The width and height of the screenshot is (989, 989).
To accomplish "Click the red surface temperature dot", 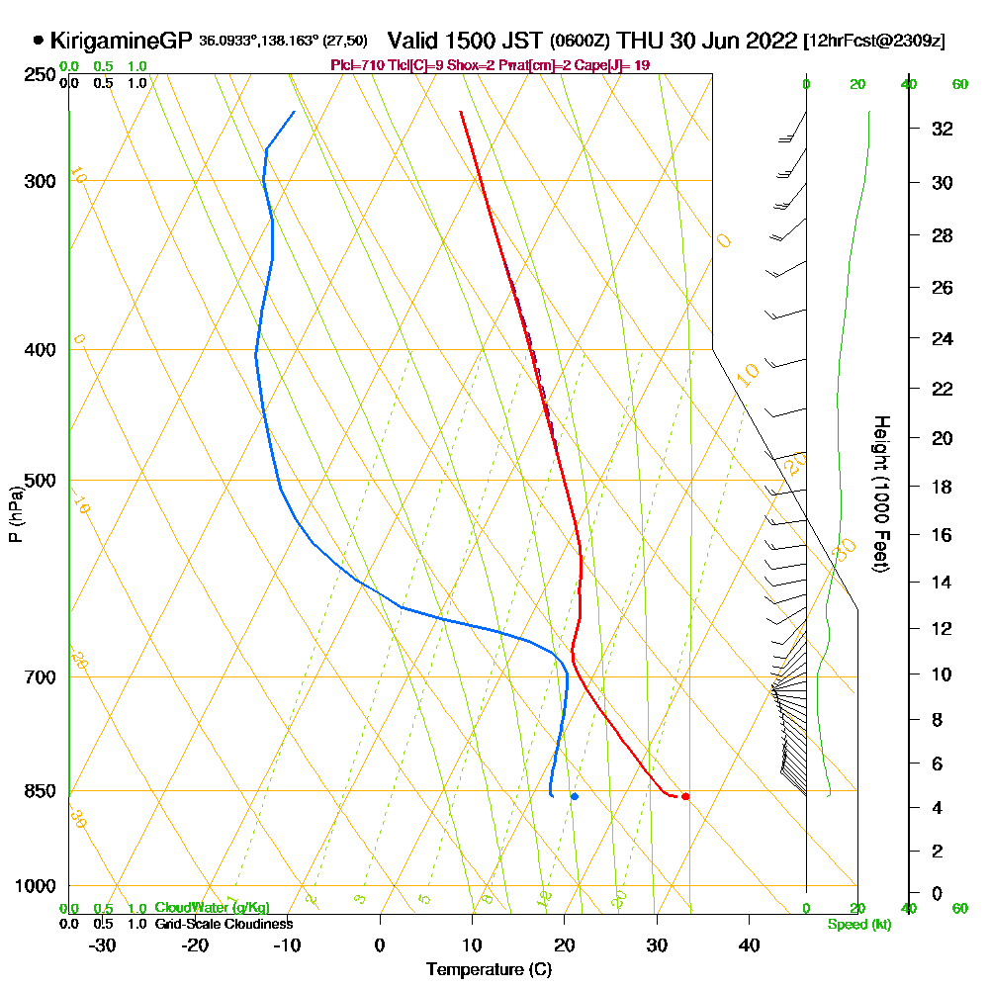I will [685, 796].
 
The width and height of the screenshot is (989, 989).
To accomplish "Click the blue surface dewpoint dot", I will [574, 796].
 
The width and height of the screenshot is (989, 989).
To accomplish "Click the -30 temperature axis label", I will [103, 944].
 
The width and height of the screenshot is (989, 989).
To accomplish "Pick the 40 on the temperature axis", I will [749, 944].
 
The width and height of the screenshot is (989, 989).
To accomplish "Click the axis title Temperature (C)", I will [489, 970].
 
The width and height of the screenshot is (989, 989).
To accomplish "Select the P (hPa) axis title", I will [15, 513].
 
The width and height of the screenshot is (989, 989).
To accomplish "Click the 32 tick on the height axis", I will [942, 129].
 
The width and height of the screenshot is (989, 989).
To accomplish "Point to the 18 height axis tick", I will [942, 487].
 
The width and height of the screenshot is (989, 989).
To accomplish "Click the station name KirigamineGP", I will [120, 41].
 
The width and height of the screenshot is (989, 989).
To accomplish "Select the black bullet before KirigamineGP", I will [39, 41].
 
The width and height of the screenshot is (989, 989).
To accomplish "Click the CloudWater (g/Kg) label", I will [212, 908].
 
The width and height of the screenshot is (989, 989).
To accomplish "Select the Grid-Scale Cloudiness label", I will [223, 924].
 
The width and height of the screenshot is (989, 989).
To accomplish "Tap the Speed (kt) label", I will [857, 925].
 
